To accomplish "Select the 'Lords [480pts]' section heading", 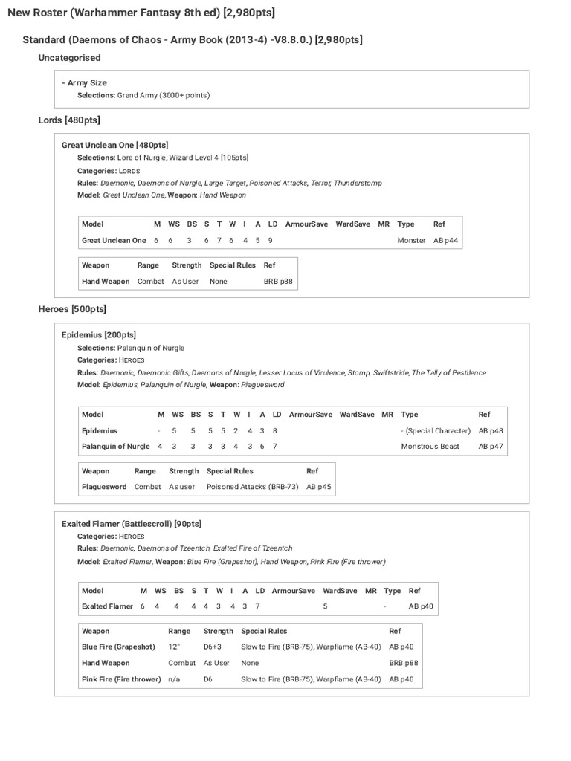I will [x=69, y=120].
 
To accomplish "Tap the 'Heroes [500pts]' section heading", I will [x=72, y=308].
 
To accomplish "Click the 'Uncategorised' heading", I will [x=69, y=58].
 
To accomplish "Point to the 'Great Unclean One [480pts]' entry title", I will [x=114, y=146].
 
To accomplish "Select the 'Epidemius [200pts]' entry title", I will [x=98, y=335].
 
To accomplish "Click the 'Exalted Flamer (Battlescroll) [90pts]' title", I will [x=131, y=524].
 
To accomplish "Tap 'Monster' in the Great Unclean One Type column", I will [x=411, y=240].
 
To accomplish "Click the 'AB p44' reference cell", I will [x=446, y=240].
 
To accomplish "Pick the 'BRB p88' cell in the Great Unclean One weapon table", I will [x=278, y=282].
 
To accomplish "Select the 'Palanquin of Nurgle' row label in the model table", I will [x=116, y=447].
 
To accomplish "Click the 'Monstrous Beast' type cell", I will [x=430, y=447].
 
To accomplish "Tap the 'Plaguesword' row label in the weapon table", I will [x=105, y=487].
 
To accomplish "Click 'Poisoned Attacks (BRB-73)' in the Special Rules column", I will [x=252, y=487].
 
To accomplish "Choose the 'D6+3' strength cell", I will [x=213, y=647].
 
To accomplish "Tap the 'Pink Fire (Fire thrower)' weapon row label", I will [x=121, y=679].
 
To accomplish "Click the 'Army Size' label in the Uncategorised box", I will [x=87, y=83].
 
